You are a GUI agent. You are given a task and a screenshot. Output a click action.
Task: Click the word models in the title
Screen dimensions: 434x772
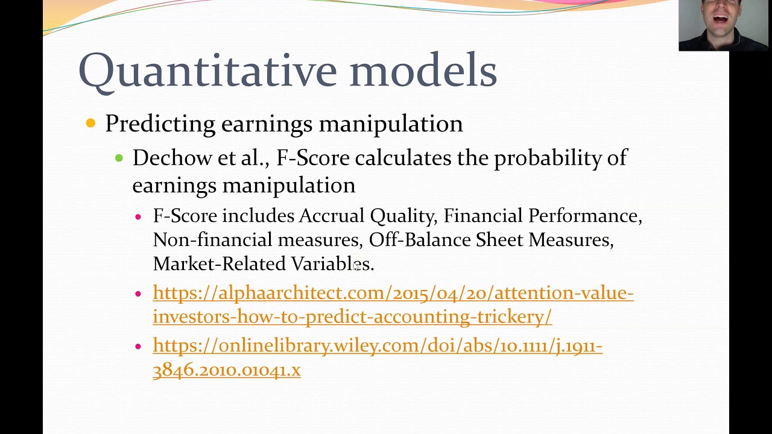(422, 70)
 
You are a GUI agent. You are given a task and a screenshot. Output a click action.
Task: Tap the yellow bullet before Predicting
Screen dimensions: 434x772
(90, 124)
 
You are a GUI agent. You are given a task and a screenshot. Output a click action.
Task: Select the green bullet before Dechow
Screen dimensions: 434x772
(119, 158)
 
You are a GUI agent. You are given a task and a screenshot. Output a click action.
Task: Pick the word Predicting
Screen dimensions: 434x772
(160, 124)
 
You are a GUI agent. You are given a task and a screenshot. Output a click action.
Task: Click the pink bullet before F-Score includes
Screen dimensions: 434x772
(138, 216)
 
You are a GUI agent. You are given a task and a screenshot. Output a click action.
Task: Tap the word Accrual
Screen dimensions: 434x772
(331, 216)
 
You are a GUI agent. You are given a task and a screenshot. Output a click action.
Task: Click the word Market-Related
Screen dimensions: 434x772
(219, 264)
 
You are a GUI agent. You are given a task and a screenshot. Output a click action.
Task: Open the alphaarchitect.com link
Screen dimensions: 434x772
(393, 293)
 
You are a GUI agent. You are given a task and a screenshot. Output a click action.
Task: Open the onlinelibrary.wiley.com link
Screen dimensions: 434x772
(377, 346)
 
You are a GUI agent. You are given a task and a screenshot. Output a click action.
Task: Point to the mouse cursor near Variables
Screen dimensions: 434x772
(356, 266)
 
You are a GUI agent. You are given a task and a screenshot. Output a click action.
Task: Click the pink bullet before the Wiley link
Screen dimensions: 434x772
(138, 347)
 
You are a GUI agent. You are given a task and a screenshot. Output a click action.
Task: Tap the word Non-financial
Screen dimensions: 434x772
(213, 240)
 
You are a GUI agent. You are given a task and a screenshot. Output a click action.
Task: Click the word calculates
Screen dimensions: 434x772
(403, 158)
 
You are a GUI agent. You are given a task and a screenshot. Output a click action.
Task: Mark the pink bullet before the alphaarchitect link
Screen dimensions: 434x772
(138, 294)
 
